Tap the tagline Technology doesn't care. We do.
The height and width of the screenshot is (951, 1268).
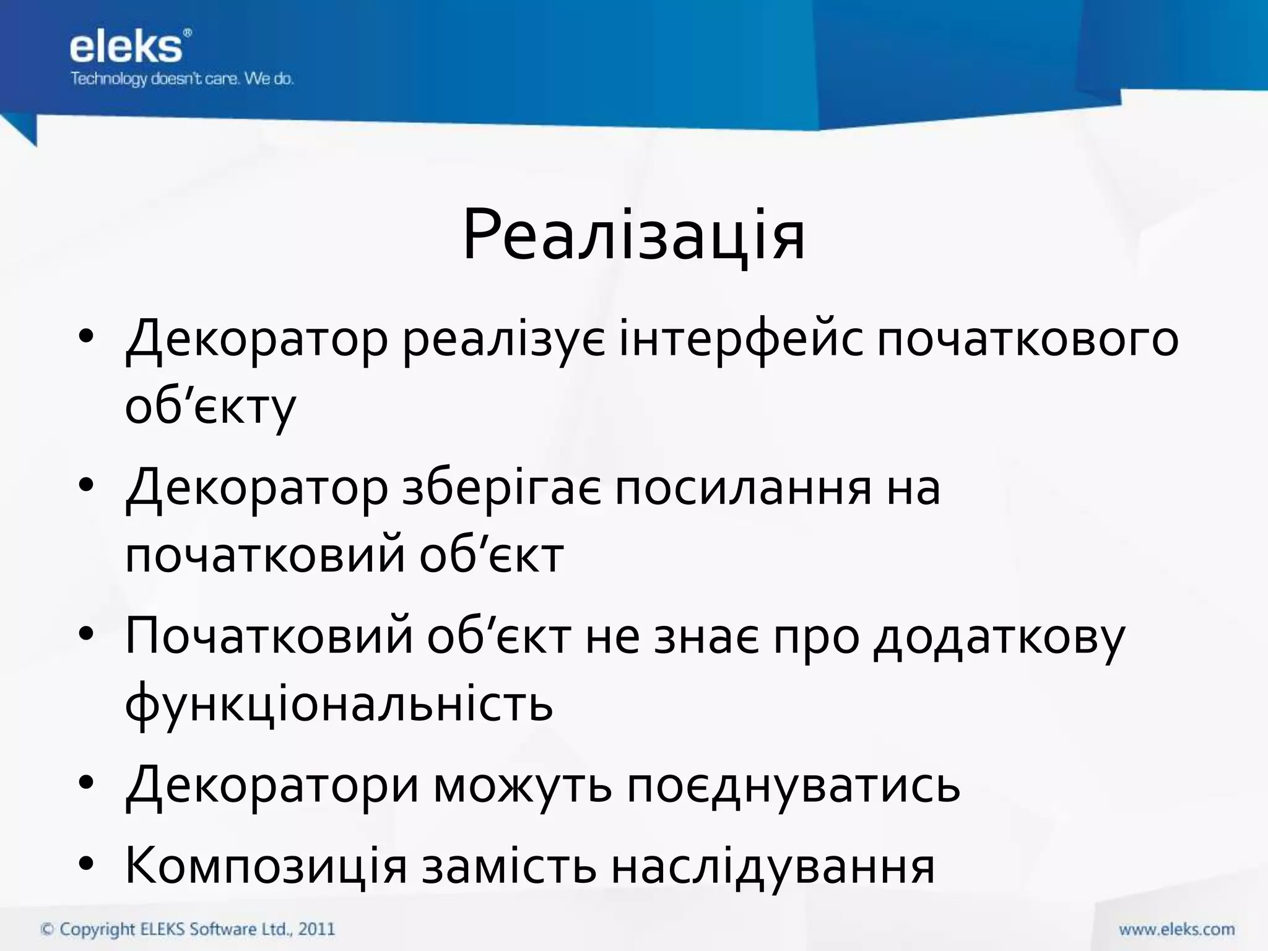(x=182, y=79)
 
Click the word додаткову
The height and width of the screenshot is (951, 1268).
(x=999, y=638)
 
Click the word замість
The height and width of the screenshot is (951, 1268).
(x=509, y=866)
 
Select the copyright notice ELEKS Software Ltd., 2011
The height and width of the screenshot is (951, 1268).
(x=188, y=929)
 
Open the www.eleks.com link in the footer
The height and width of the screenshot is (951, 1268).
(x=1176, y=929)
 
